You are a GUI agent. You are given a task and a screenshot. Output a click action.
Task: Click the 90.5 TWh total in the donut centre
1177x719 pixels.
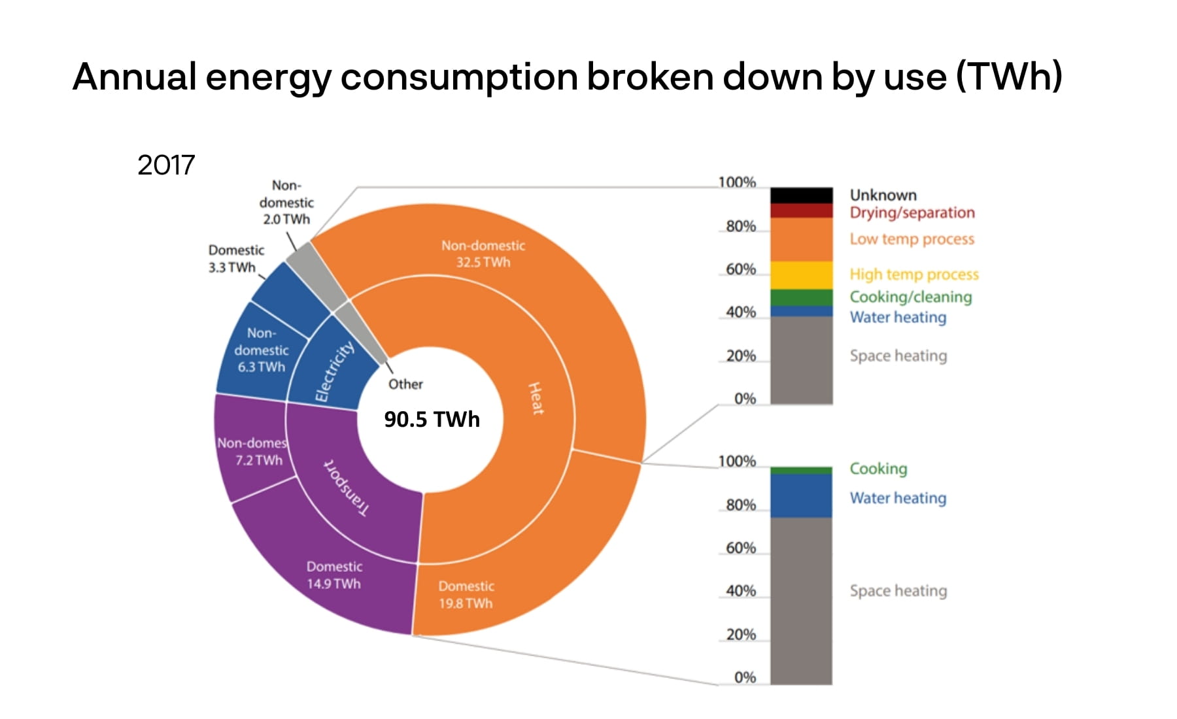coord(432,419)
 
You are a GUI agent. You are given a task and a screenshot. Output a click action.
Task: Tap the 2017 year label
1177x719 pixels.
coord(166,165)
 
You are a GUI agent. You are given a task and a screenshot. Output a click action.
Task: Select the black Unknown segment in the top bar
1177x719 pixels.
coord(801,195)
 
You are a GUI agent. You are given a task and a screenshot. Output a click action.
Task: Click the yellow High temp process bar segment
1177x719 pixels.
coord(801,275)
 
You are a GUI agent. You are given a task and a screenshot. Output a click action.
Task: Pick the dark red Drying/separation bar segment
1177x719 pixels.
coord(801,210)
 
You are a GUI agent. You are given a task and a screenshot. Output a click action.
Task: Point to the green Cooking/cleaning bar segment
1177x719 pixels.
coord(801,297)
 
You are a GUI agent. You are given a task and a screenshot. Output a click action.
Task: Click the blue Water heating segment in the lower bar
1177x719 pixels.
coord(801,495)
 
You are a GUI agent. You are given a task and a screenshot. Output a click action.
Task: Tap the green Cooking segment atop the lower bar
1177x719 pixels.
coord(801,470)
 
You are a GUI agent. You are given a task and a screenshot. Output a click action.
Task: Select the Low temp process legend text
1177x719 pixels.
coord(912,239)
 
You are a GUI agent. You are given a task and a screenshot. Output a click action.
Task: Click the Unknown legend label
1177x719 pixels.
coord(883,195)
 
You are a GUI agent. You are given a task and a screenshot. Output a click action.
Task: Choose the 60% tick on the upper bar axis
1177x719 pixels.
coord(741,269)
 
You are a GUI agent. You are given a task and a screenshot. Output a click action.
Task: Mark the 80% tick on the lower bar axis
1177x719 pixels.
coord(741,505)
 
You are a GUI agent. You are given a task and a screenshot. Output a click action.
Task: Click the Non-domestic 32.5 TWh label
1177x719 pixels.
coord(483,254)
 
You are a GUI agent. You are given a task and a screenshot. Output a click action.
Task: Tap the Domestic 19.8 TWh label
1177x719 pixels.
coord(466,595)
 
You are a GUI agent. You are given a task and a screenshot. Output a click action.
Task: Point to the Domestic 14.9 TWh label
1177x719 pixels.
coord(334,575)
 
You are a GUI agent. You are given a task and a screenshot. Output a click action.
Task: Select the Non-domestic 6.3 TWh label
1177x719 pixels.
coord(262,350)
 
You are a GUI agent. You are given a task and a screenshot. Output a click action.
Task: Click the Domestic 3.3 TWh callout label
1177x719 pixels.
coord(235,259)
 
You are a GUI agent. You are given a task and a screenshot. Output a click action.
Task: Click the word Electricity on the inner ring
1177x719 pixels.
coord(334,371)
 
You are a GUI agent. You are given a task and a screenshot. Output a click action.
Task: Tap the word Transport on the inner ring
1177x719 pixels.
coord(347,488)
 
